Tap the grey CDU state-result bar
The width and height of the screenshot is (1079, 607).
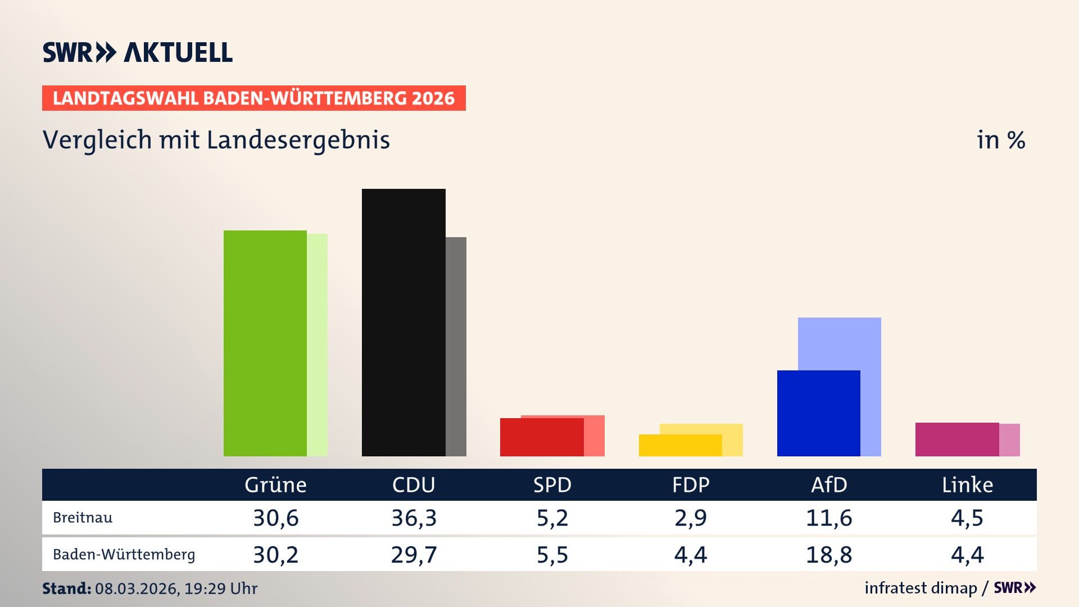pyautogui.click(x=456, y=346)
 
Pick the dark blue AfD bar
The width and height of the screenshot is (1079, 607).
pyautogui.click(x=818, y=413)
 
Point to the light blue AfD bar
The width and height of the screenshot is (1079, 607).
pyautogui.click(x=840, y=343)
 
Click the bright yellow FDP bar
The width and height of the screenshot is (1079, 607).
pyautogui.click(x=680, y=445)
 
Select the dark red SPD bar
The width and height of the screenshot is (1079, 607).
pyautogui.click(x=542, y=437)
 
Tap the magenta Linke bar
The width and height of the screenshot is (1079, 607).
pyautogui.click(x=957, y=439)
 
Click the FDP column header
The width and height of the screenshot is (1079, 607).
pyautogui.click(x=691, y=484)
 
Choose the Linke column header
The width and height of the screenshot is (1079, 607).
pyautogui.click(x=967, y=484)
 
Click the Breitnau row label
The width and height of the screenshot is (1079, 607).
pyautogui.click(x=83, y=518)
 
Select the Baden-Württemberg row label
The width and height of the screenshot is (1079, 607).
pyautogui.click(x=124, y=555)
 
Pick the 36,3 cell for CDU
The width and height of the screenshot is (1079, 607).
pyautogui.click(x=414, y=518)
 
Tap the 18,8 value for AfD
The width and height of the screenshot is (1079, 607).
pyautogui.click(x=829, y=555)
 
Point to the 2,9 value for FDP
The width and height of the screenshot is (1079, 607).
pyautogui.click(x=691, y=518)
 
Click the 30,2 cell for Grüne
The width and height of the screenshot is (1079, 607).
pyautogui.click(x=275, y=555)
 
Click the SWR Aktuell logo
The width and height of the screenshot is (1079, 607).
pyautogui.click(x=137, y=52)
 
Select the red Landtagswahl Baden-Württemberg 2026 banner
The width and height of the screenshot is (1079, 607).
pyautogui.click(x=253, y=98)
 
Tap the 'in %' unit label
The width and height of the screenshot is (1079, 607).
pyautogui.click(x=1000, y=140)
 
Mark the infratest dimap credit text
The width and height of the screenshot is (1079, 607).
pyautogui.click(x=921, y=588)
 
